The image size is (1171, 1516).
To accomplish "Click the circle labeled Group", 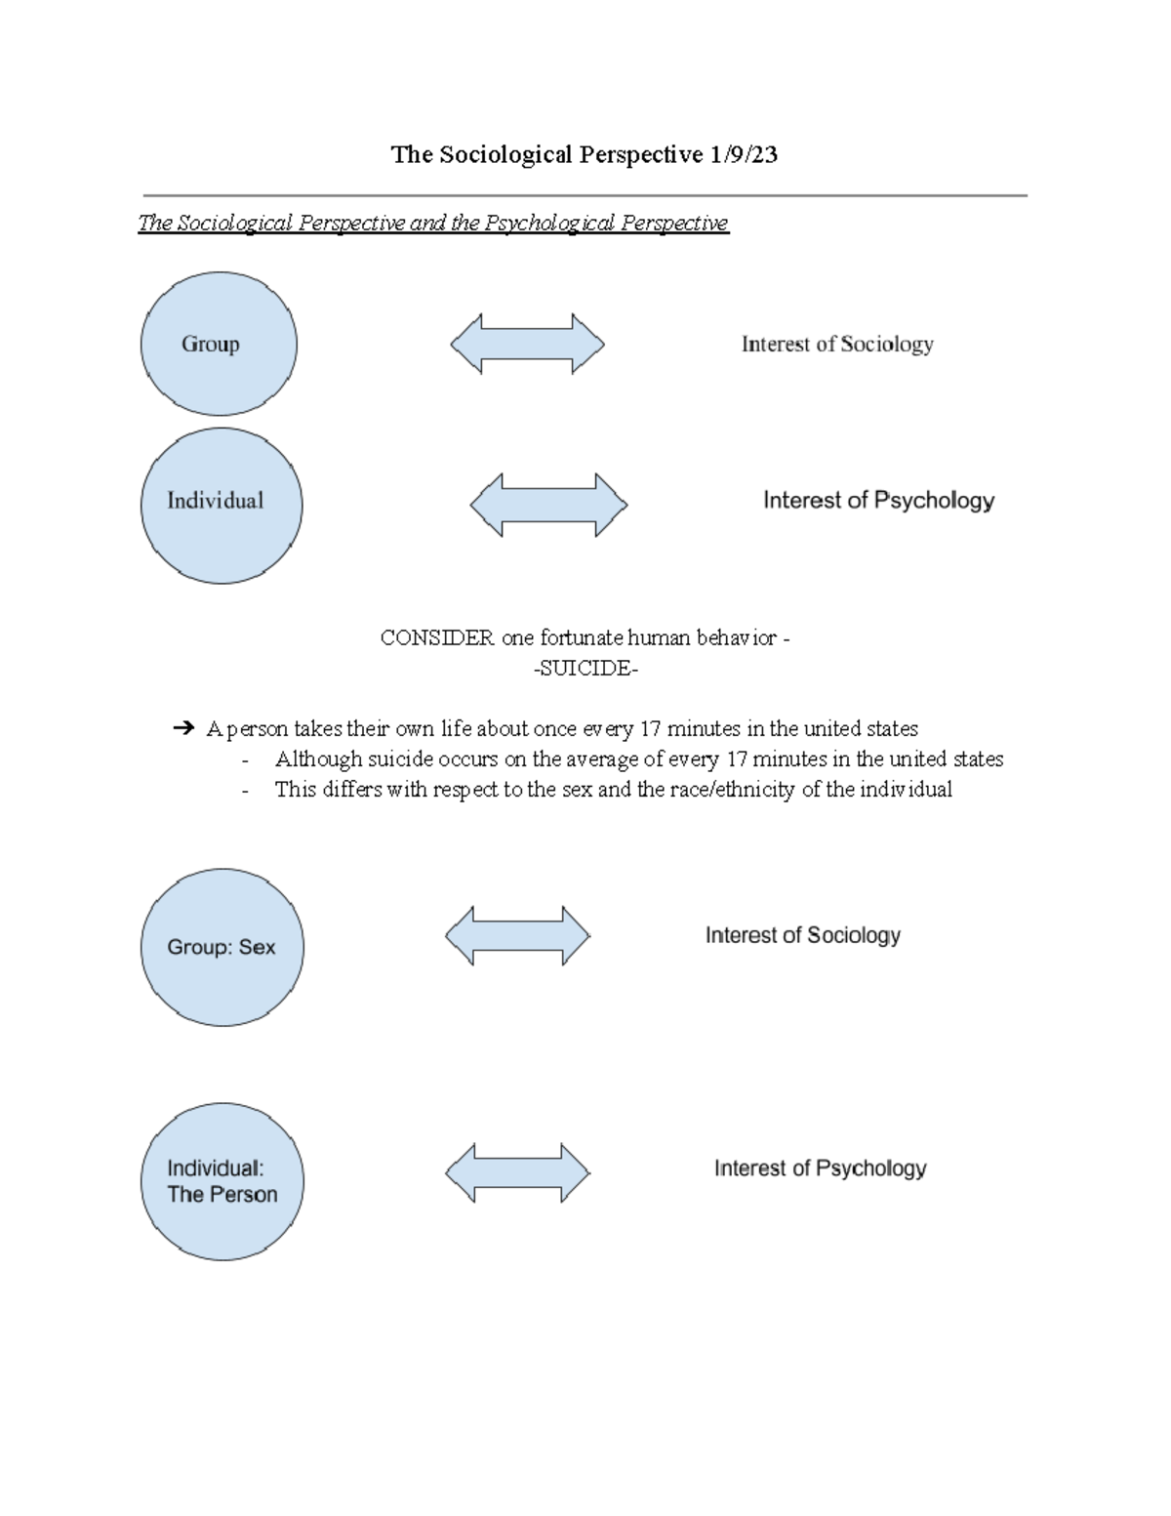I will coord(219,344).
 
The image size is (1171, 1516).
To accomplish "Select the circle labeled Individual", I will coord(222,506).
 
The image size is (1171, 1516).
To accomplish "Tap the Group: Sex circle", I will coord(222,947).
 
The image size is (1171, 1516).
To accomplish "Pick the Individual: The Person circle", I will coord(222,1181).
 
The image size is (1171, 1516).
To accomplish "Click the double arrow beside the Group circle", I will coord(527,344).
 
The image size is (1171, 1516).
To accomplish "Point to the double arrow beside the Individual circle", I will coord(548,505).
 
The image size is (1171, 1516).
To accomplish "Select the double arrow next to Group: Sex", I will coord(517,935).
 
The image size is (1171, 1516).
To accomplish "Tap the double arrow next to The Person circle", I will coord(517,1172).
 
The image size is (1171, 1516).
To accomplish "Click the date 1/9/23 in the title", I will coord(744,154).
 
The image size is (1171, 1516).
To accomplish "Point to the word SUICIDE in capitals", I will coord(585,669).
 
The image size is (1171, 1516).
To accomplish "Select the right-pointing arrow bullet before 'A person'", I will coord(183,728).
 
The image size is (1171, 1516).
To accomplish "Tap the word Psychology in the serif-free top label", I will coord(934,501).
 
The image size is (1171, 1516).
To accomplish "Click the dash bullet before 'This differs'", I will coord(245,790).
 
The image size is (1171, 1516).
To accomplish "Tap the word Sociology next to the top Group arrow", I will coord(886,344).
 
